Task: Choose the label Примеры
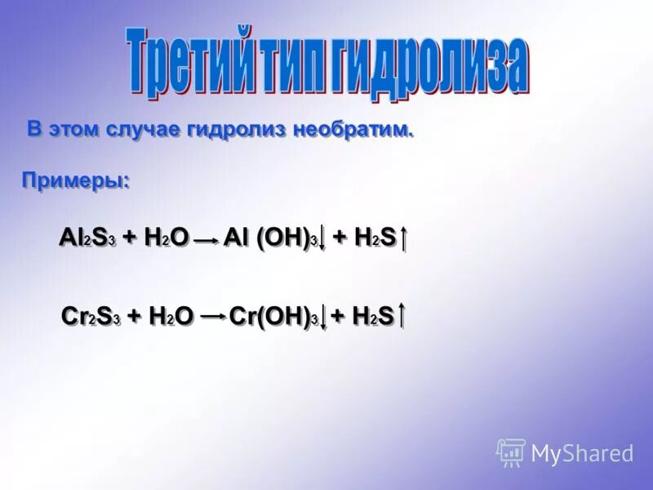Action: [75, 181]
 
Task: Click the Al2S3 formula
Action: [88, 238]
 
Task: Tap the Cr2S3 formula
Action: [91, 315]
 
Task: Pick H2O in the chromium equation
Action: [171, 315]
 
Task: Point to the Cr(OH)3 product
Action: [273, 315]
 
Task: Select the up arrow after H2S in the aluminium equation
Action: [404, 238]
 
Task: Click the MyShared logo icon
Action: [511, 452]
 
